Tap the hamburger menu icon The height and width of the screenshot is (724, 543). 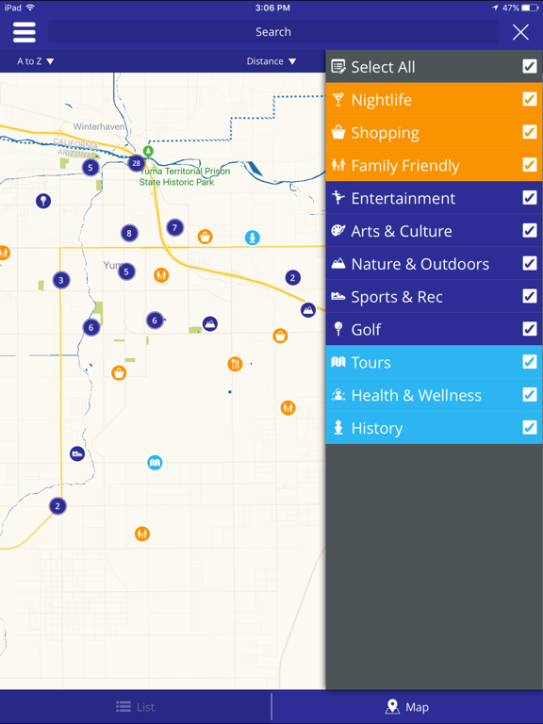(x=25, y=32)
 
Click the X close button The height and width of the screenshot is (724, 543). (x=520, y=32)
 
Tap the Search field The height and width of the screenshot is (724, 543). (x=273, y=32)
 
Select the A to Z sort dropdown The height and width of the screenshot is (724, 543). (x=36, y=61)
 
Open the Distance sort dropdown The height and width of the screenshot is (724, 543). (x=271, y=61)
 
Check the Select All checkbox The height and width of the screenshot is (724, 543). (x=530, y=67)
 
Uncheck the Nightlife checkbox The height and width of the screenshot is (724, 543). (x=530, y=100)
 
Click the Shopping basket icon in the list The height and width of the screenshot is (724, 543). (x=338, y=133)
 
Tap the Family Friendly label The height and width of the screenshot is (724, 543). (x=405, y=166)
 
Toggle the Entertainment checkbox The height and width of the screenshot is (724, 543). (x=530, y=198)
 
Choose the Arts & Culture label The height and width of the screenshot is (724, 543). (x=402, y=231)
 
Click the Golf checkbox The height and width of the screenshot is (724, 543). (x=530, y=329)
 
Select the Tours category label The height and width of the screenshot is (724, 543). (x=370, y=362)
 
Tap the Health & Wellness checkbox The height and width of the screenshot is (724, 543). (x=530, y=395)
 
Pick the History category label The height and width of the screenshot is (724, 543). (x=377, y=428)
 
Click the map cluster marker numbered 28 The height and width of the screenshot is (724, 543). (x=137, y=163)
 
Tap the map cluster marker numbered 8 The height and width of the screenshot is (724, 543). (x=129, y=233)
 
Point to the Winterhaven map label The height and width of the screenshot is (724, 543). (x=100, y=126)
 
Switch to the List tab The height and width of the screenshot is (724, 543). (x=136, y=707)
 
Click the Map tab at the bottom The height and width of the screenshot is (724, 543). (x=407, y=707)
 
